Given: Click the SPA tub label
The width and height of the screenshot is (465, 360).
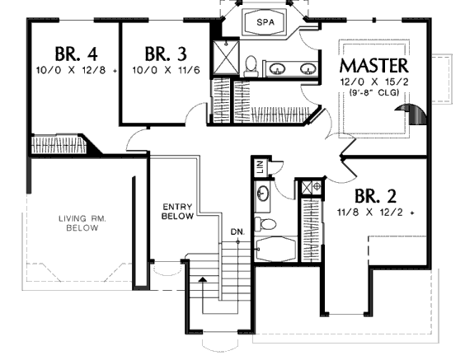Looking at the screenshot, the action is click(265, 22).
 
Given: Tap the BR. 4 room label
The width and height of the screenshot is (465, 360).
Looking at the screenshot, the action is click(76, 54).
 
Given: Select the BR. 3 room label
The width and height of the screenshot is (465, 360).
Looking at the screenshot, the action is click(166, 54).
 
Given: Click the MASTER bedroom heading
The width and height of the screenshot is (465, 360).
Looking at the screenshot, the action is click(374, 65).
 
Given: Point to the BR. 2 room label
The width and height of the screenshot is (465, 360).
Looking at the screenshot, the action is click(375, 196).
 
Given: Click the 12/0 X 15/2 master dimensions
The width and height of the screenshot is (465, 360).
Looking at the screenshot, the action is click(374, 82).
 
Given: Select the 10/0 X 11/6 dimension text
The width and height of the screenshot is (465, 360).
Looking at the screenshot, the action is click(166, 70).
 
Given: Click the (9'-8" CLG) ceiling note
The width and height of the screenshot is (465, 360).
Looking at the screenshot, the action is click(374, 92).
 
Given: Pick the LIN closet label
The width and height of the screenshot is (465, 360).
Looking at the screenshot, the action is click(261, 166).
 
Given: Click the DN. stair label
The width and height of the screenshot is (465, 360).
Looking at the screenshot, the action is click(237, 232).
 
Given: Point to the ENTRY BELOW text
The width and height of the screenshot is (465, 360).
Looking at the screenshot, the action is click(177, 211).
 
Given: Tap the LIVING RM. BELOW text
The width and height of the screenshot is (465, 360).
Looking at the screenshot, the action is click(82, 223).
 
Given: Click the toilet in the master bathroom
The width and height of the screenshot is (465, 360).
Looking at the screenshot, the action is click(251, 66).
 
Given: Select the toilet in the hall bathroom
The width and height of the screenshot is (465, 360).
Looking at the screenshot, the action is click(265, 224).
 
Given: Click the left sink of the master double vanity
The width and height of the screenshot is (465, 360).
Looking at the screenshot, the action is click(277, 68).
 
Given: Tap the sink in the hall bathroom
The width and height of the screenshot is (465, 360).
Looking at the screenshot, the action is click(262, 194).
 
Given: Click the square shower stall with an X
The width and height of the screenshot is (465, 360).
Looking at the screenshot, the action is click(226, 57).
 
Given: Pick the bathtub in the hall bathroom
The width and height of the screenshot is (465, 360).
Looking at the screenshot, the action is click(276, 249).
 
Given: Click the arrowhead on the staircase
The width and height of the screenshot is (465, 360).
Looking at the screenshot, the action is click(203, 279).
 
